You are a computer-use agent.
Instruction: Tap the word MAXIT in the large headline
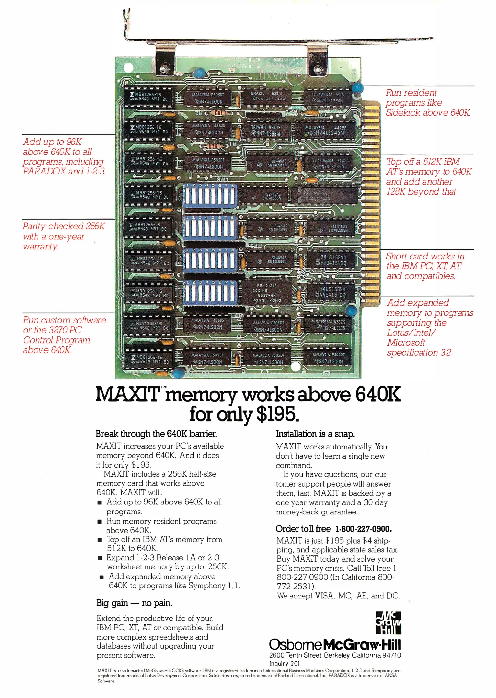coord(128,394)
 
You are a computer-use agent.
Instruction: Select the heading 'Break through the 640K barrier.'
coord(156,434)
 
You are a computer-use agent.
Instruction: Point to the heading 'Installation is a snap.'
coord(315,434)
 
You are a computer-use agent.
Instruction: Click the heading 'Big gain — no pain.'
coord(134,603)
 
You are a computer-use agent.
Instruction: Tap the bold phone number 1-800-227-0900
coord(363,529)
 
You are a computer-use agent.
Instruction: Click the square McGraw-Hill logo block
coord(388,623)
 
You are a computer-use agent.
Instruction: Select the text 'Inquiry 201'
coord(285,663)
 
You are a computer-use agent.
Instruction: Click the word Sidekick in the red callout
coord(403,113)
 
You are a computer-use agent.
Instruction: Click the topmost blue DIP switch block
coord(210,196)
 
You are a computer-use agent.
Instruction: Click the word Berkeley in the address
coord(337,655)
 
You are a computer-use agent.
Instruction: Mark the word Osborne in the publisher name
coord(296,644)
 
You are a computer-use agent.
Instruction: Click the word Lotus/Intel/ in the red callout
coord(411,333)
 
